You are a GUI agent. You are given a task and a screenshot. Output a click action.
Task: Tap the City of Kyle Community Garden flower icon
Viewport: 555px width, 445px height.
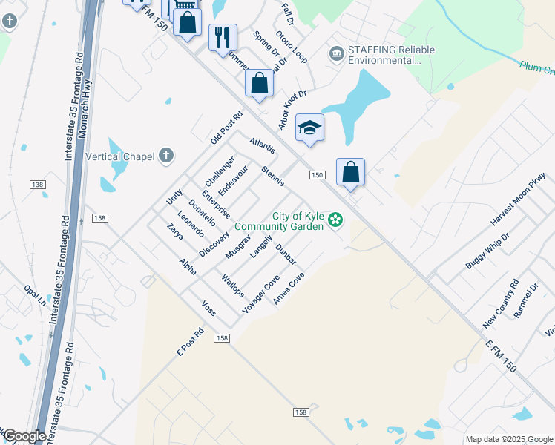(x=335, y=220)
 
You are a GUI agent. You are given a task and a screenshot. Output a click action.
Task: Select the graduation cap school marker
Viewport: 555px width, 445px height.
(x=309, y=128)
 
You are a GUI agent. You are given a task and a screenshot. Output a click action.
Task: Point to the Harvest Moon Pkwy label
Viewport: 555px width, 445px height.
(x=517, y=200)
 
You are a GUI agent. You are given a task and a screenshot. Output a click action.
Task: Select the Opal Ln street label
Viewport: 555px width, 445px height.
(x=34, y=296)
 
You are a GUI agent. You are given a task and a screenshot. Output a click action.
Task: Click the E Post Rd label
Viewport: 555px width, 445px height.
(x=190, y=342)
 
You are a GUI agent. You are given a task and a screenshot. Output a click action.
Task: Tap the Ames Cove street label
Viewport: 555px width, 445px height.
(x=289, y=288)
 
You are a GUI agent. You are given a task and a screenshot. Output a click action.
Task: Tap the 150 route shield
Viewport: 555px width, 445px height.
(x=317, y=175)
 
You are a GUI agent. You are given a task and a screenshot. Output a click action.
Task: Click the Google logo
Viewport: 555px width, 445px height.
(x=24, y=436)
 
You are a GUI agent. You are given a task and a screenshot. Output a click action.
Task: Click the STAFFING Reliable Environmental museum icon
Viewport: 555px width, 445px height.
(x=337, y=54)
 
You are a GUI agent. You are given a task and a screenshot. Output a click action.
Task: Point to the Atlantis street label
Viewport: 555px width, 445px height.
(x=263, y=146)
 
